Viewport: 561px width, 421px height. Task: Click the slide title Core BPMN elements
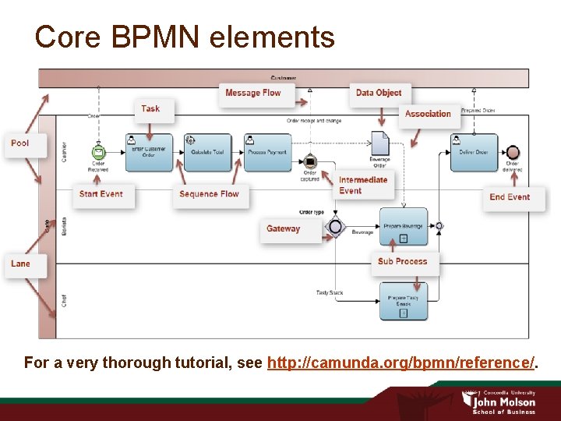point(185,37)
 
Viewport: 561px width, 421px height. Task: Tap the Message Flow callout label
point(252,93)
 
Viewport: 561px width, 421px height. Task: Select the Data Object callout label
point(379,93)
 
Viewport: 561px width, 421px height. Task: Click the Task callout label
point(150,109)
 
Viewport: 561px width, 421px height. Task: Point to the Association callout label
point(428,114)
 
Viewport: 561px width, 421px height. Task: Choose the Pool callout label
point(20,143)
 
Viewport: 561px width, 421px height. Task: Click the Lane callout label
point(20,264)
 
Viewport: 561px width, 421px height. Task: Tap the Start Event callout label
point(101,194)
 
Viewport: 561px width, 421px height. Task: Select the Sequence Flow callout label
point(209,194)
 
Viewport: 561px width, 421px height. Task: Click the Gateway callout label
point(283,229)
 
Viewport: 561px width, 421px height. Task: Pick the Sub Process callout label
point(402,262)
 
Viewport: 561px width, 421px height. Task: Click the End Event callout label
point(510,197)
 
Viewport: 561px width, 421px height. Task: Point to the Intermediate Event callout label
point(362,185)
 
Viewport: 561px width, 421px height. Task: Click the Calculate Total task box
point(208,152)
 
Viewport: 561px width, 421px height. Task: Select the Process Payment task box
point(268,152)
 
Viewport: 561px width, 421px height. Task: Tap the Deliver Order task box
point(474,152)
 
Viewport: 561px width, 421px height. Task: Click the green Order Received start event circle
point(98,152)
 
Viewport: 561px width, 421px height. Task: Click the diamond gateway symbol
point(336,227)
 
